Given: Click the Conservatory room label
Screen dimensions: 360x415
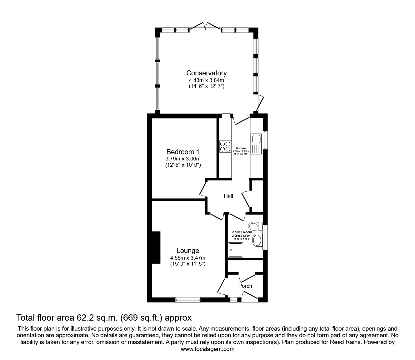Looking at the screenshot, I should [x=206, y=73].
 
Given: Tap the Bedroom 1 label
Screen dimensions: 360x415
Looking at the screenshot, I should [x=183, y=152].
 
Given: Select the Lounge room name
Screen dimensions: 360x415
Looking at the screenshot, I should [x=187, y=251].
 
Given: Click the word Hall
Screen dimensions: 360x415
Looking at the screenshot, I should [x=228, y=196].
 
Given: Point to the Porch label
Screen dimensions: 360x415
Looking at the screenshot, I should [x=245, y=286].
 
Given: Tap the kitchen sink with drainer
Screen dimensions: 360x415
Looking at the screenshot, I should [x=256, y=144].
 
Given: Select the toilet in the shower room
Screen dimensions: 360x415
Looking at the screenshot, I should [x=254, y=226].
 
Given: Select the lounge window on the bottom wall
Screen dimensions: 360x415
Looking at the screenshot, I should [x=188, y=299].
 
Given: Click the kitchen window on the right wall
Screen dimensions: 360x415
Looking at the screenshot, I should [x=266, y=140].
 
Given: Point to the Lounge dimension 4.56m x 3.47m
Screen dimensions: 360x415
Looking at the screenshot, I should [x=187, y=258].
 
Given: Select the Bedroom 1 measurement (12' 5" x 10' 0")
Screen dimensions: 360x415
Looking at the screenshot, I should [x=183, y=165].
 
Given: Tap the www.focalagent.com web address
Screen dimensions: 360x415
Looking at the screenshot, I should [x=207, y=349].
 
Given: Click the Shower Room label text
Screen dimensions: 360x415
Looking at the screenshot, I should [x=241, y=232].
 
